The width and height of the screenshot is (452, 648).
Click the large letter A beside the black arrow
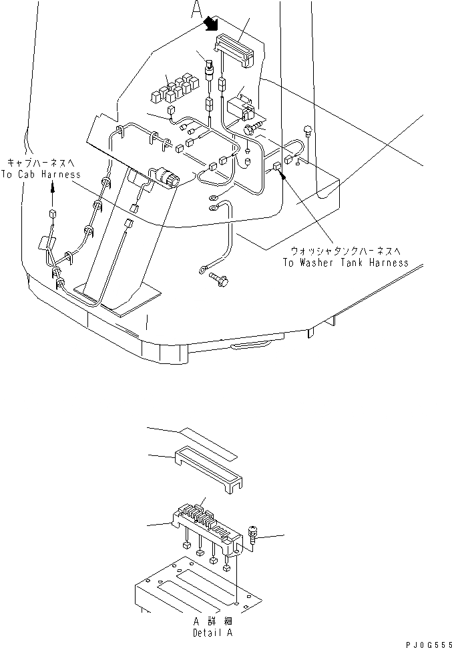tap(196, 9)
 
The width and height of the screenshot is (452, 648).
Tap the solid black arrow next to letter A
tap(212, 23)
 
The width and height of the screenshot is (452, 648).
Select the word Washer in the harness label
tap(322, 263)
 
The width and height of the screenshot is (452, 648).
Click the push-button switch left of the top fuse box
tap(210, 67)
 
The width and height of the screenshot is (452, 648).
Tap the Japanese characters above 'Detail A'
tap(212, 620)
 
